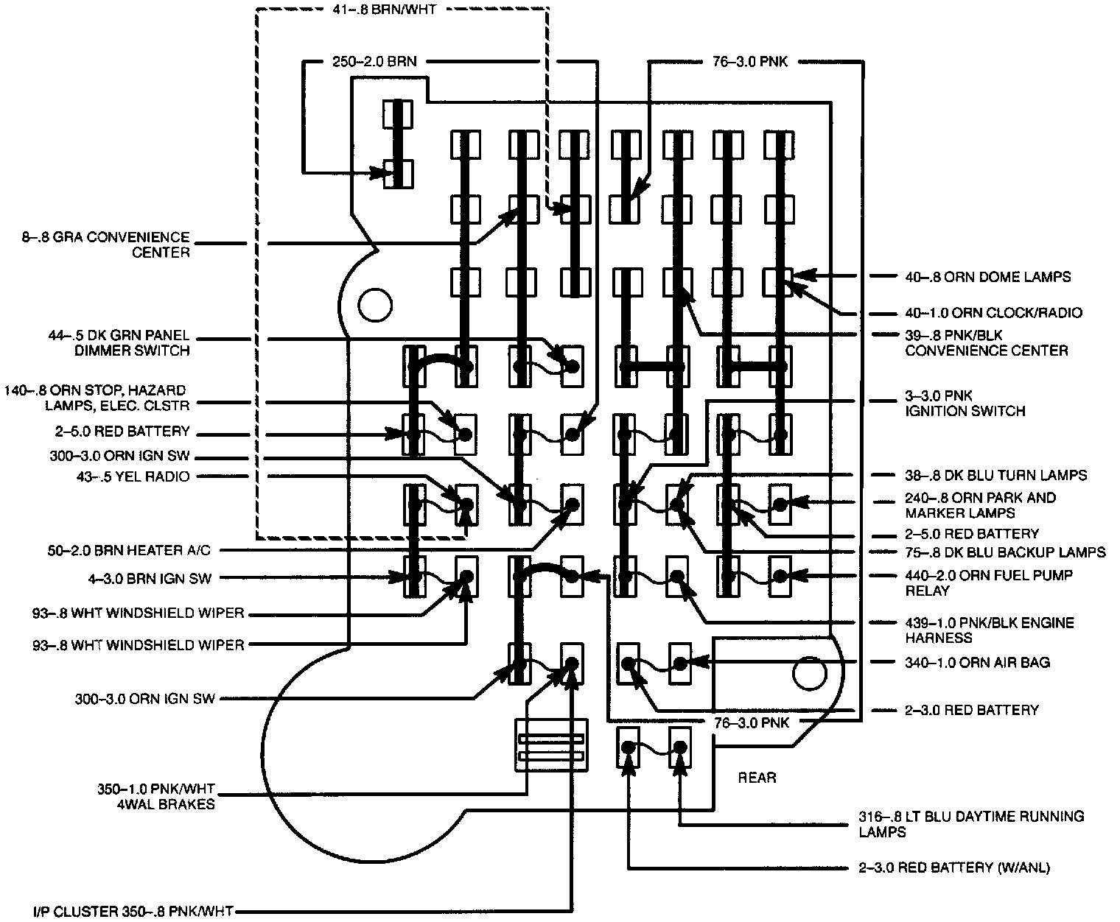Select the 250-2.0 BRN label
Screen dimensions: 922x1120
[x=374, y=62]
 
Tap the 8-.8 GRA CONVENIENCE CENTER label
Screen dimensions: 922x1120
[x=105, y=244]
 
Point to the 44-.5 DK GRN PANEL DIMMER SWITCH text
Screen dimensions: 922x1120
[x=119, y=343]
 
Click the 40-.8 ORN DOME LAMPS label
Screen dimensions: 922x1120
[x=987, y=277]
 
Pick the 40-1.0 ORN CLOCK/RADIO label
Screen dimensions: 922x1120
[x=993, y=313]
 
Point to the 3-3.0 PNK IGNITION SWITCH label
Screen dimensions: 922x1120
[x=965, y=404]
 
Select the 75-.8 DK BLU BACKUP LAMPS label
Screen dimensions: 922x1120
[x=1005, y=552]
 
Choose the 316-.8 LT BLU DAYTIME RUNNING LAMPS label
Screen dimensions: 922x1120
[x=971, y=824]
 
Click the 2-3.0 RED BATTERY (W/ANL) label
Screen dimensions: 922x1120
[x=954, y=868]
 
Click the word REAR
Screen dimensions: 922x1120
[x=757, y=778]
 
